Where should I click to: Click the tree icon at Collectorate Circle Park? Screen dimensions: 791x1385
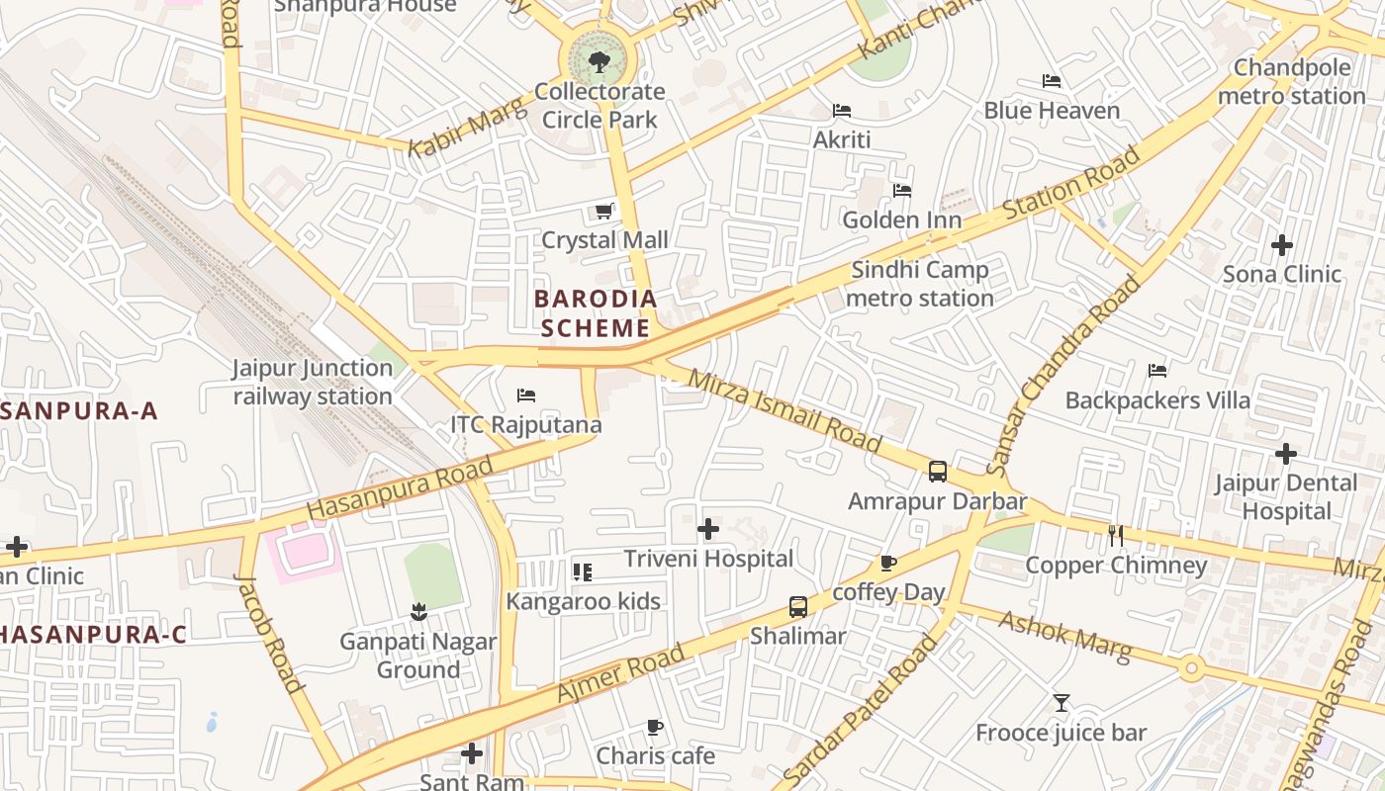(x=599, y=63)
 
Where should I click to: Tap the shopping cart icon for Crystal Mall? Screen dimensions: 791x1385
(x=604, y=211)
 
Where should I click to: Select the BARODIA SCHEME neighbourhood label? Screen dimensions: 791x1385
(x=596, y=312)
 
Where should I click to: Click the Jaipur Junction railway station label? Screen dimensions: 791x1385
(x=313, y=383)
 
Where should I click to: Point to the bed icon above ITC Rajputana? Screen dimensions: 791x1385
(x=526, y=395)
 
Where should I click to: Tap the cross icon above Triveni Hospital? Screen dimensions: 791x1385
(x=708, y=529)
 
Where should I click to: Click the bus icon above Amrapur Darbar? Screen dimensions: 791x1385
(x=938, y=472)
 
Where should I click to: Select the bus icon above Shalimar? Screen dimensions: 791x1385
(x=797, y=607)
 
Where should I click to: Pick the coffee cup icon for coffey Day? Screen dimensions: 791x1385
(x=888, y=564)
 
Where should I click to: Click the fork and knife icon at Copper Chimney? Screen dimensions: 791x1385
(x=1116, y=536)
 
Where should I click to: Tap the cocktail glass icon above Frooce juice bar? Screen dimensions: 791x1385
(x=1062, y=703)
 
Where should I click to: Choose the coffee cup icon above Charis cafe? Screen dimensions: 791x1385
(x=654, y=728)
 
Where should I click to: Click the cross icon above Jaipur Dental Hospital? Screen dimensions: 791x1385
(x=1285, y=454)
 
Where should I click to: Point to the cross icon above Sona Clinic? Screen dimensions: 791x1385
(x=1282, y=244)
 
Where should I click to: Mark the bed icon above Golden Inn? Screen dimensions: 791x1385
(x=902, y=190)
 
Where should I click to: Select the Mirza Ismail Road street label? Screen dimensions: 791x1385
(x=784, y=411)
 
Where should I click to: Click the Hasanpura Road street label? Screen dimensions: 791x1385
(x=400, y=489)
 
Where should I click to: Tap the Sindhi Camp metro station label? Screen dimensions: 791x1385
(x=921, y=284)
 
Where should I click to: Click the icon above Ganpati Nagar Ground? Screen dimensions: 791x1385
(x=418, y=612)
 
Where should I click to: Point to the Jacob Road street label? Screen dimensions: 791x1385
(x=268, y=633)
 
